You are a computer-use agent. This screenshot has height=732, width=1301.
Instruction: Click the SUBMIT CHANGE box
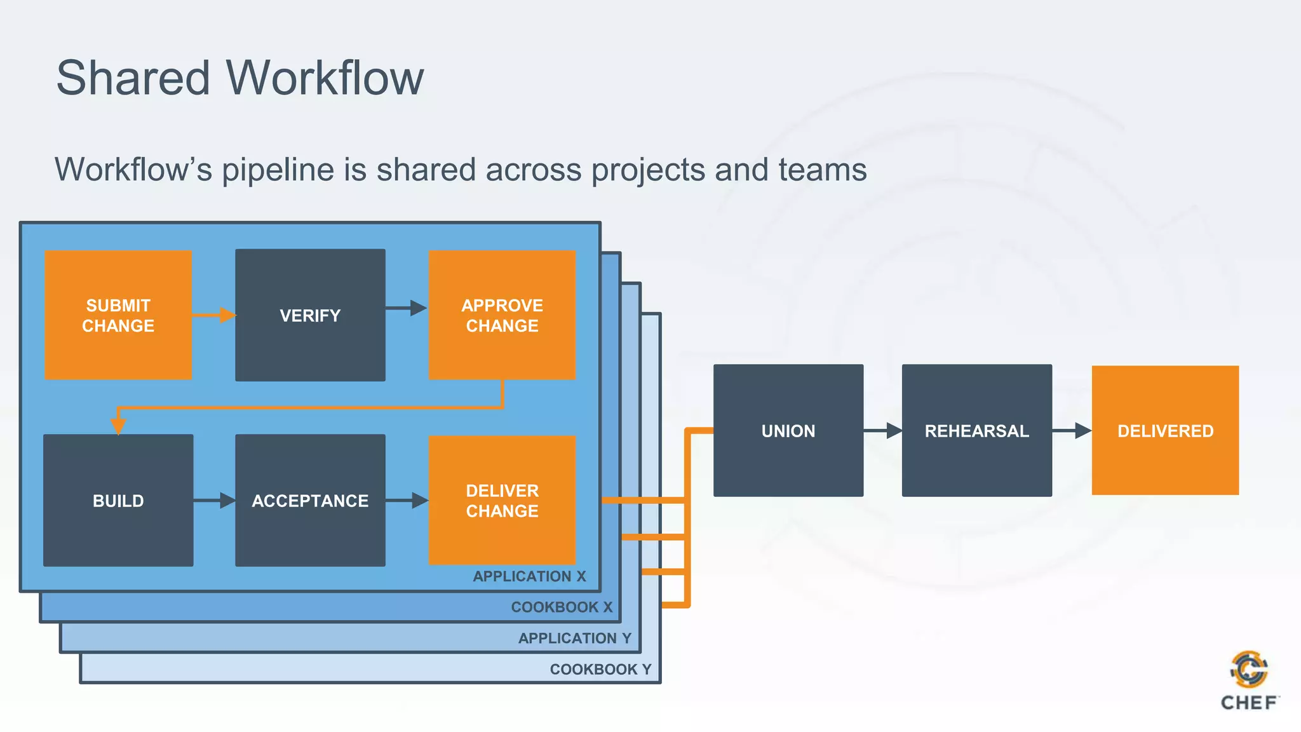pos(118,315)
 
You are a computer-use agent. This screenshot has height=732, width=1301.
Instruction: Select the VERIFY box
pos(310,315)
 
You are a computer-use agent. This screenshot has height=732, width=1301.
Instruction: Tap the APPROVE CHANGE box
pos(502,315)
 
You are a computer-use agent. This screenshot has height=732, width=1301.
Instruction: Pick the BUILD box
pos(118,501)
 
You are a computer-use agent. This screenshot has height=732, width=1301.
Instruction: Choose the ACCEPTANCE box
pos(310,501)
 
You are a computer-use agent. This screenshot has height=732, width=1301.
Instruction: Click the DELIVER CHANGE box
pos(502,501)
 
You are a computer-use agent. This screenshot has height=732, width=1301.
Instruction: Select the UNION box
pos(788,431)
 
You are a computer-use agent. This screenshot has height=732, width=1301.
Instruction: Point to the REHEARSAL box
pos(976,431)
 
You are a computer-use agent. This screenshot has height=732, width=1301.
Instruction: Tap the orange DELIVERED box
pos(1165,431)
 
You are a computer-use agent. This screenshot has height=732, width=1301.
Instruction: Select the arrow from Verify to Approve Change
pos(407,308)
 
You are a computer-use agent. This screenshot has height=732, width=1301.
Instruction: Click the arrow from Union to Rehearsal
pos(883,431)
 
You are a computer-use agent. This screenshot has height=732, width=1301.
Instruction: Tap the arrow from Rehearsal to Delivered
pos(1072,431)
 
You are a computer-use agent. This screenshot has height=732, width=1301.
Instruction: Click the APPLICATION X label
pos(529,576)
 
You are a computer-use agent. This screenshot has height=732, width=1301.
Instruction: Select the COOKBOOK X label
pos(562,607)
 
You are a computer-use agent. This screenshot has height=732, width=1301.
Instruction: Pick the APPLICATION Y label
pos(574,638)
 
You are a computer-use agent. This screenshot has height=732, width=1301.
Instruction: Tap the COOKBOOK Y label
pos(600,669)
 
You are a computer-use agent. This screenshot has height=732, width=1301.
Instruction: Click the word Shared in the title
pos(133,78)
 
